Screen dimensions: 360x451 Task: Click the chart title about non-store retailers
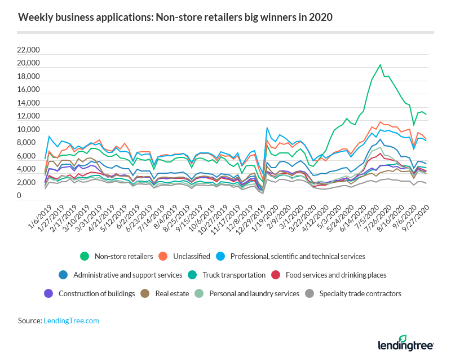coord(175,17)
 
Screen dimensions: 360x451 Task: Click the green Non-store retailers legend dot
coord(85,256)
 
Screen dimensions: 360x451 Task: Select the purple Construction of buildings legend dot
coord(48,293)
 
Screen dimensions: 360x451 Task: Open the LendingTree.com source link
coord(71,321)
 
